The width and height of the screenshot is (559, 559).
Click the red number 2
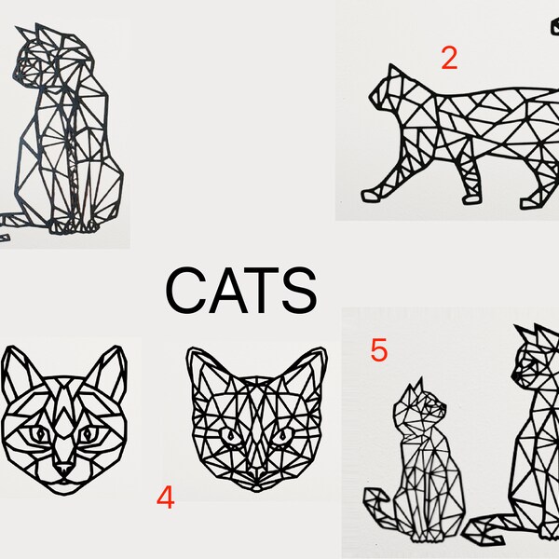[x=449, y=58]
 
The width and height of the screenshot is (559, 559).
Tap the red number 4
[x=165, y=498]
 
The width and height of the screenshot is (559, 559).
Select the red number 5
[x=378, y=350]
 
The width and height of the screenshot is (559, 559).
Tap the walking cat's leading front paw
[x=371, y=195]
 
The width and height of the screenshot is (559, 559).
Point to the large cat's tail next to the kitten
[x=494, y=531]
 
